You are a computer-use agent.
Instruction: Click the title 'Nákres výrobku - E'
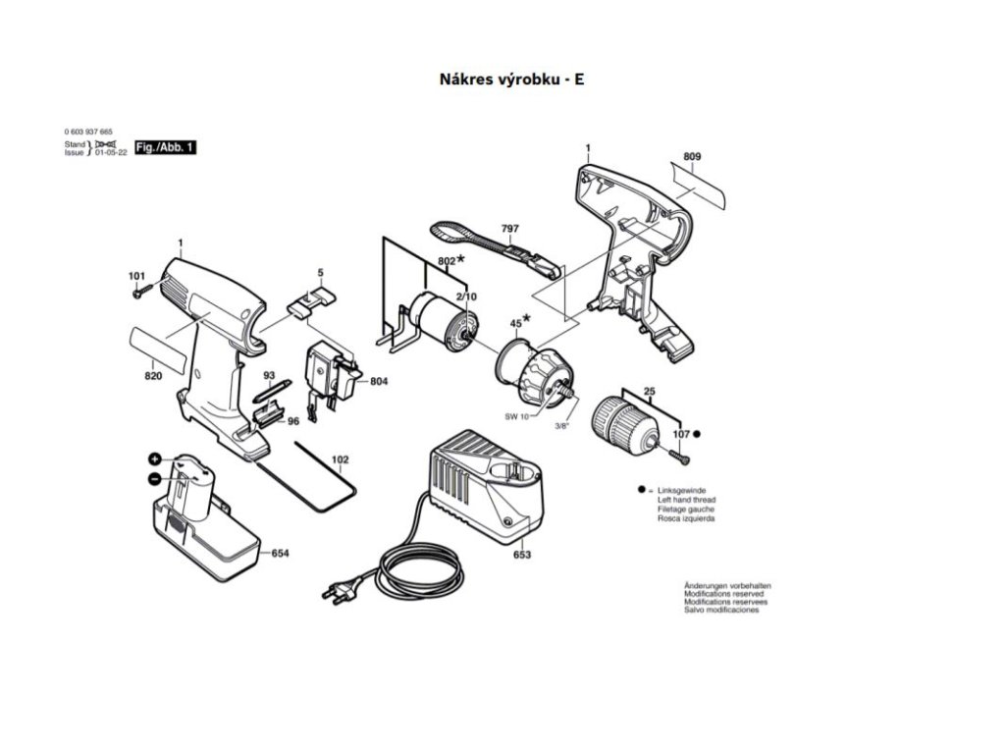511,81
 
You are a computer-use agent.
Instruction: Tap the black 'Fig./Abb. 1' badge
165,146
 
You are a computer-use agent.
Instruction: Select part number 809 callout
692,157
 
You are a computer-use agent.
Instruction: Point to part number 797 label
509,229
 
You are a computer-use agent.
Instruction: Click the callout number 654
280,554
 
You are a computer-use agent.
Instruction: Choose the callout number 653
522,555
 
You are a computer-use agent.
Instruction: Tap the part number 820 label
153,376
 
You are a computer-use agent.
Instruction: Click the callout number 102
340,459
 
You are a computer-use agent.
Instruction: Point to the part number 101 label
136,275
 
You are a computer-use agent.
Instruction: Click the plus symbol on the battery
155,459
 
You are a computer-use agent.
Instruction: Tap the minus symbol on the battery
155,478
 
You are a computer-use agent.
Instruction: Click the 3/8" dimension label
561,425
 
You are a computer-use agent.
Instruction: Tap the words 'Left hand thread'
685,500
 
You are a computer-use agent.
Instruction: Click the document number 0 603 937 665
88,132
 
